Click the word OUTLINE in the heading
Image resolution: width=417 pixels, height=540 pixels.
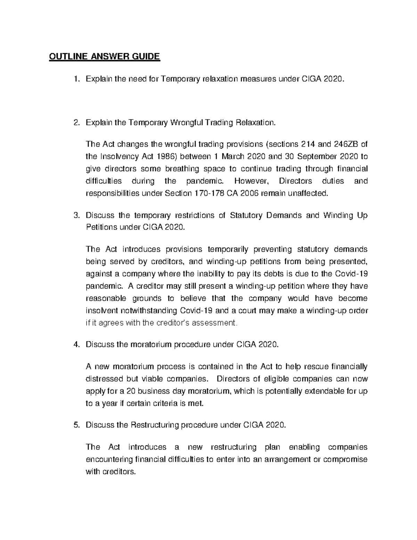tap(65, 56)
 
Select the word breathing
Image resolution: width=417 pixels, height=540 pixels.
tap(182, 169)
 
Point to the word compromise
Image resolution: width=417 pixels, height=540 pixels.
tap(345, 459)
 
